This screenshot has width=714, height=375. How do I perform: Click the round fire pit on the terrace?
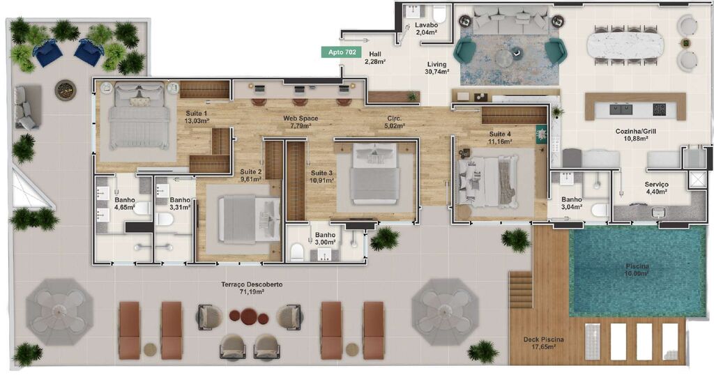66,89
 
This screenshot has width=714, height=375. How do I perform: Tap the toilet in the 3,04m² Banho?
600,209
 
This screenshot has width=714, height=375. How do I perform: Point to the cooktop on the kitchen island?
658,109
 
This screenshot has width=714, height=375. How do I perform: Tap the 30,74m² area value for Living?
437,71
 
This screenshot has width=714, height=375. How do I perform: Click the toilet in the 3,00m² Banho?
296,251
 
